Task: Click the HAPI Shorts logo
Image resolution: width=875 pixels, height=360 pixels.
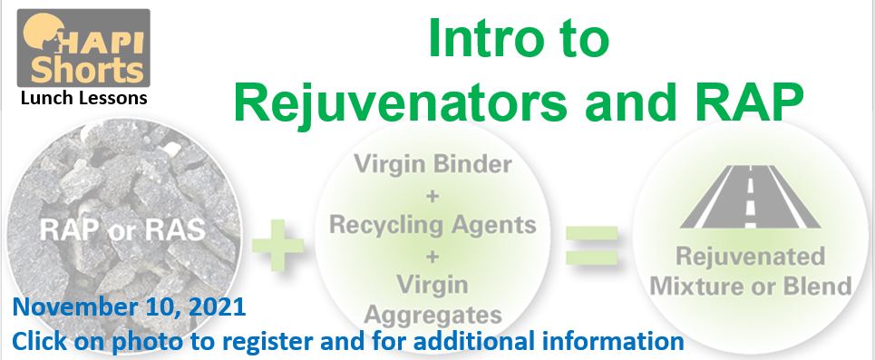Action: [x=83, y=49]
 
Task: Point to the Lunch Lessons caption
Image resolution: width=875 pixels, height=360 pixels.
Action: [x=83, y=98]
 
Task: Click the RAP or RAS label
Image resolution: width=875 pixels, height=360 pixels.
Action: [x=122, y=229]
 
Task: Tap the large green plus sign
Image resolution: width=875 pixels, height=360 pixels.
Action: [x=277, y=245]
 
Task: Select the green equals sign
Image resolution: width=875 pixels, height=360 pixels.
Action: [x=592, y=245]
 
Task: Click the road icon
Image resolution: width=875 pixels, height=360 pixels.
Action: [x=751, y=197]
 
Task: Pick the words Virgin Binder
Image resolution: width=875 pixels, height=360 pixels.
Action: [x=433, y=165]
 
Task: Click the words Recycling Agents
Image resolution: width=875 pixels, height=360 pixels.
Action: [x=433, y=225]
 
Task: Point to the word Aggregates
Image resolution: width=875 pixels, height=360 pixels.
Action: [x=433, y=316]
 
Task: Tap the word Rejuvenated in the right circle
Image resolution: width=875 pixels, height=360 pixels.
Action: [x=751, y=257]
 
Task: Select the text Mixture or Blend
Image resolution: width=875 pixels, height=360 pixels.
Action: [x=751, y=287]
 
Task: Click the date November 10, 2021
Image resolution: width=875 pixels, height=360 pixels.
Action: [x=129, y=307]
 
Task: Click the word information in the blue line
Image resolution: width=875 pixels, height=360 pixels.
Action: [x=611, y=340]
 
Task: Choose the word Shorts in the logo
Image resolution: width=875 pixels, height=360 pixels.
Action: [x=86, y=70]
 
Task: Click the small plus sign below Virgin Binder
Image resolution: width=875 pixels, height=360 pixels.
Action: [x=433, y=197]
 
